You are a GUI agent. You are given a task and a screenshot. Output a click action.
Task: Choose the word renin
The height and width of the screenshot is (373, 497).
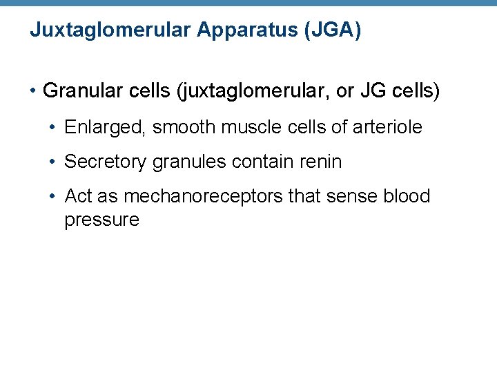click(x=320, y=162)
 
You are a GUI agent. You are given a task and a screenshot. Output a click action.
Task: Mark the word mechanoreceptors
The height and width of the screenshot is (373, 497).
click(x=202, y=197)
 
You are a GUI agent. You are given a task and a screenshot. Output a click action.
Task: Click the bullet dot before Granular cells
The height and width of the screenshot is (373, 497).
click(x=32, y=91)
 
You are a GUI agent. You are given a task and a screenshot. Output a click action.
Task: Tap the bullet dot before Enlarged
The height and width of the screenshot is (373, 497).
click(x=53, y=128)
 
